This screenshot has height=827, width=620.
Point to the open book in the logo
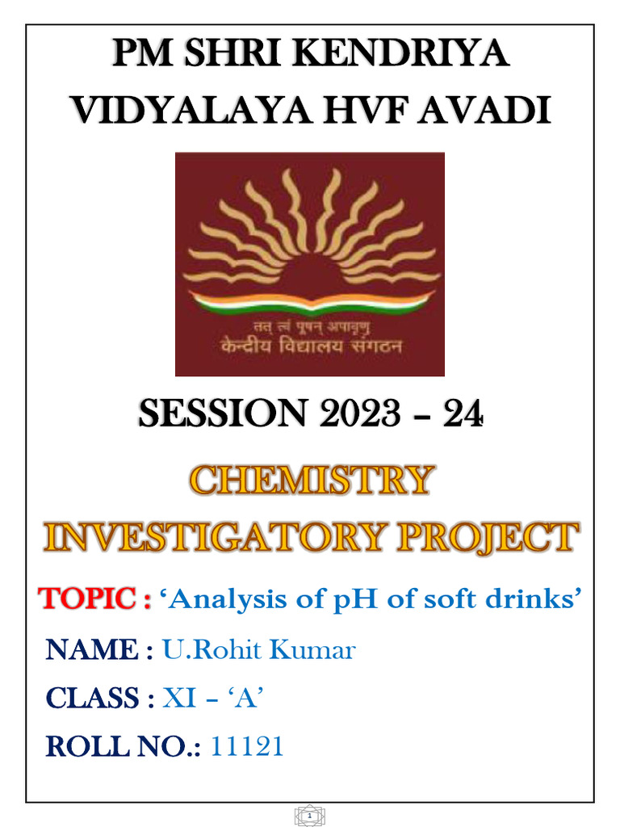310,304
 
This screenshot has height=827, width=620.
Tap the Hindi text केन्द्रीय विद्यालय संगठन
310,348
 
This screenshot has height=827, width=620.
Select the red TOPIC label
89,600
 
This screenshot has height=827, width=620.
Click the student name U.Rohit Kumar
258,649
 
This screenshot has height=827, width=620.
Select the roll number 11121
247,747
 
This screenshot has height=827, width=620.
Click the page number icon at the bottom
310,817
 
